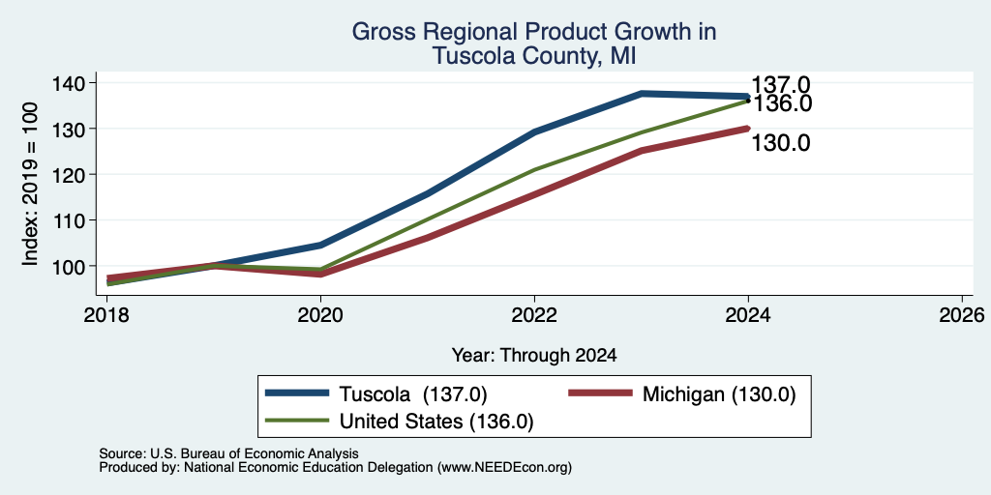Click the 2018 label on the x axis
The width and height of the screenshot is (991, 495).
pyautogui.click(x=107, y=314)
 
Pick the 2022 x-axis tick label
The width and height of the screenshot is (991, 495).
pyautogui.click(x=534, y=314)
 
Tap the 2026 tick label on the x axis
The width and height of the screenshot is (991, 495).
pyautogui.click(x=962, y=314)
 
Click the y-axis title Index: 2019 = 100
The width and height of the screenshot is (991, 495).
pyautogui.click(x=30, y=184)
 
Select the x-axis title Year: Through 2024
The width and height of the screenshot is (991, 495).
pyautogui.click(x=534, y=356)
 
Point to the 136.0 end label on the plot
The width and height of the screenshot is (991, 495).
pyautogui.click(x=782, y=103)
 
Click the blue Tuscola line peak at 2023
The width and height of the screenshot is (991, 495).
pyautogui.click(x=642, y=94)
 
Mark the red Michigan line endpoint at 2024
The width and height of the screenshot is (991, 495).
pyautogui.click(x=748, y=129)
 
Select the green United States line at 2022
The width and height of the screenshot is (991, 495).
pyautogui.click(x=534, y=170)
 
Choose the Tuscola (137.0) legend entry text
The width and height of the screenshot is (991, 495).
pyautogui.click(x=413, y=394)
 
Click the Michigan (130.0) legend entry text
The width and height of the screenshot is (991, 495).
pyautogui.click(x=719, y=394)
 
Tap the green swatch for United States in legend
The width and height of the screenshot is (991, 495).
pyautogui.click(x=297, y=420)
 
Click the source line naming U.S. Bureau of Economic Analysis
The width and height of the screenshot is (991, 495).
pyautogui.click(x=228, y=453)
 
